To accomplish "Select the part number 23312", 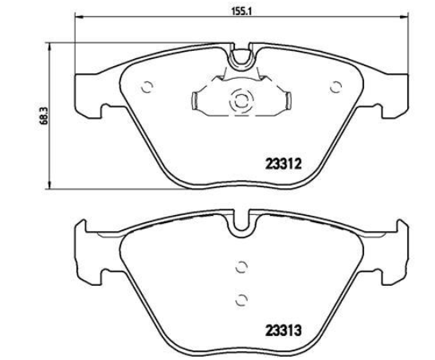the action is pos(284,164).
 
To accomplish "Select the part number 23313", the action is pos(284,331).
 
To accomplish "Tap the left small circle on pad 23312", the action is pos(147,88).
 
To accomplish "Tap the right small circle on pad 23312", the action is pos(335,87).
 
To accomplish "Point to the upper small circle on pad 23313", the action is pos(241,267).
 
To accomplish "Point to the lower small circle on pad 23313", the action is pos(241,299).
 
